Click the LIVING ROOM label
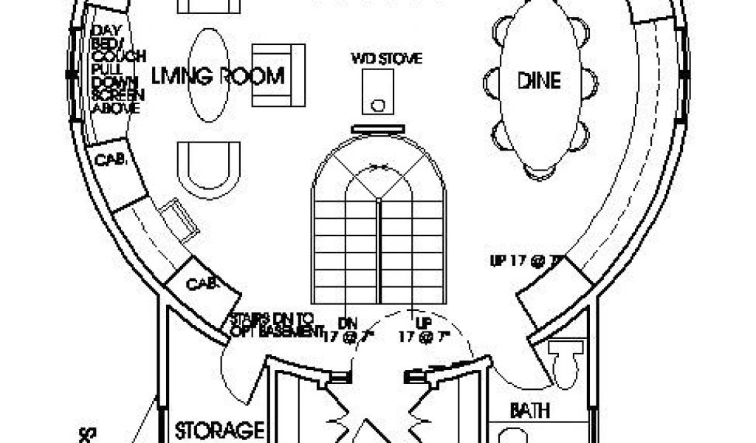tap(219, 76)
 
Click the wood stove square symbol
tap(379, 93)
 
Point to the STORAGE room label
tap(219, 429)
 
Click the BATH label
tap(532, 410)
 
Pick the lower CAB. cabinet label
tap(201, 283)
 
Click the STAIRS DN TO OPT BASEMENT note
tap(272, 324)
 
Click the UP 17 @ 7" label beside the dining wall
tap(527, 260)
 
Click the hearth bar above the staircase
tap(379, 128)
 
